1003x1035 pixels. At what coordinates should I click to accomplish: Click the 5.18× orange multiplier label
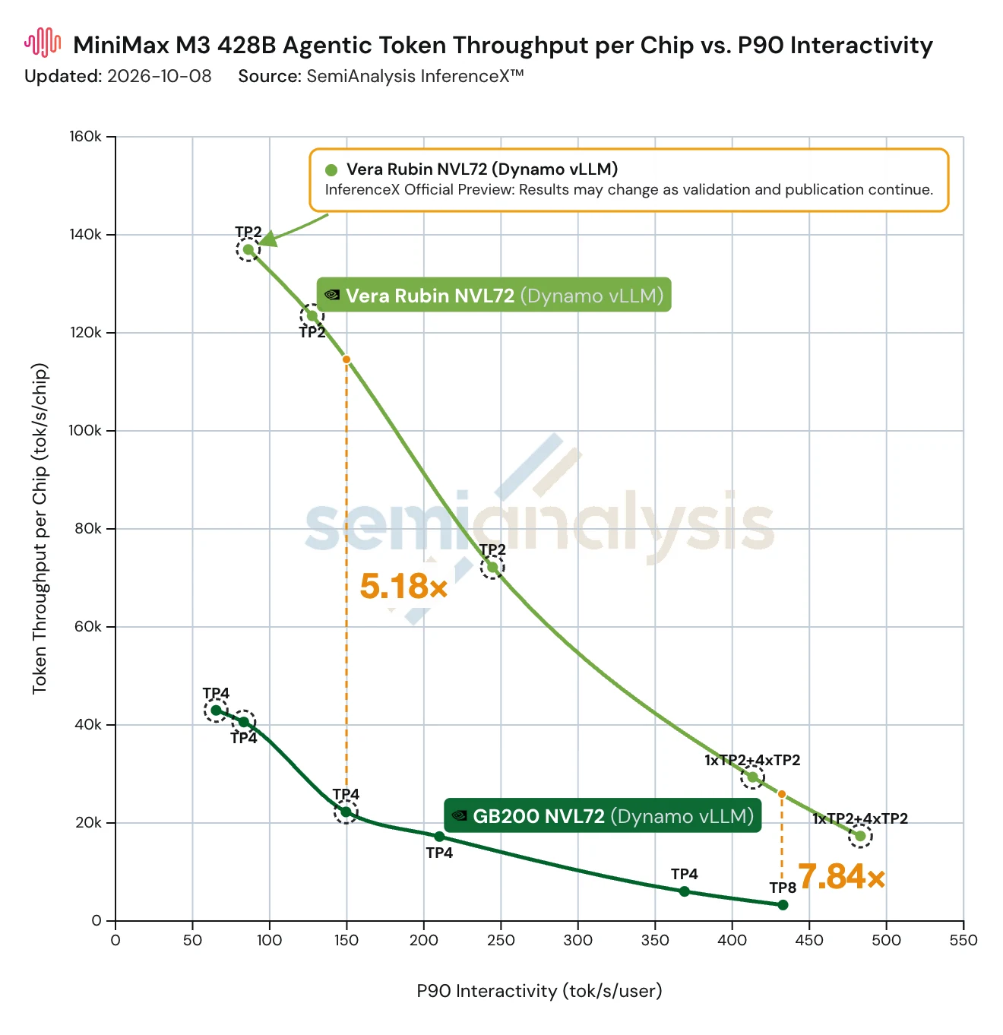(403, 586)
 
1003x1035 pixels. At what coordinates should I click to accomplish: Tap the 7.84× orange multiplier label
(841, 876)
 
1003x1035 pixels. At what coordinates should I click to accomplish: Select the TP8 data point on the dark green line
(783, 905)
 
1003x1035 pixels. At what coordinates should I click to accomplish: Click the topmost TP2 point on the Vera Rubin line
(248, 249)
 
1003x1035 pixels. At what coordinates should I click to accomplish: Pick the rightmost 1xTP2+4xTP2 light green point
(860, 836)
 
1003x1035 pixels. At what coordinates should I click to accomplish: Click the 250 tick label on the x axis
(501, 940)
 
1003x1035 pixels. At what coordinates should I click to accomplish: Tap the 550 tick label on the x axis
(963, 940)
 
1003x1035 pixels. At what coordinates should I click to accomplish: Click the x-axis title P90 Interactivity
(539, 991)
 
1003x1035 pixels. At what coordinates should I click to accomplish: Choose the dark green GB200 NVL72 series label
(603, 815)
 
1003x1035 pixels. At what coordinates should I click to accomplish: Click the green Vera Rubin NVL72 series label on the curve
(494, 295)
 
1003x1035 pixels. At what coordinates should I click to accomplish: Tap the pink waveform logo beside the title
(43, 42)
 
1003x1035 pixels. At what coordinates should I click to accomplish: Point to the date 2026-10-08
(159, 76)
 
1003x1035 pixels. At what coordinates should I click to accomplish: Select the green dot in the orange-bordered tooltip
(331, 170)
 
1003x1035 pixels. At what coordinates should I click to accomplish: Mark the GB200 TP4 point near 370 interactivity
(685, 891)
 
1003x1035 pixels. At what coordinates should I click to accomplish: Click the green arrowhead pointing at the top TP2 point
(267, 239)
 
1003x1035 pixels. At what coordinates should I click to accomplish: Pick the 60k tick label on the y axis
(87, 626)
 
